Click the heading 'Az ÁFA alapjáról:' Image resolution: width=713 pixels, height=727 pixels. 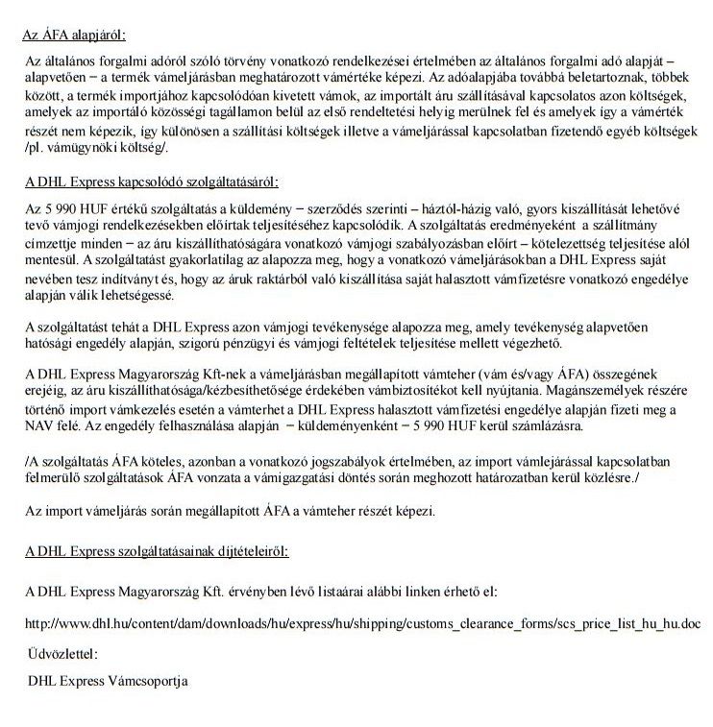pos(74,36)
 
